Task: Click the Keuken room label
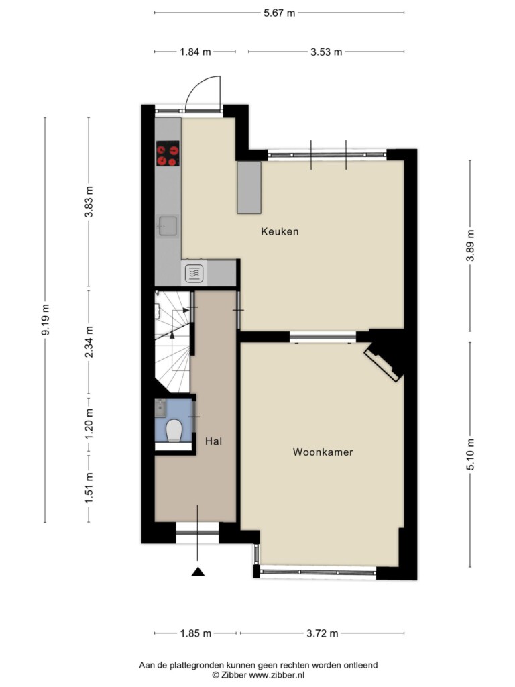click(280, 231)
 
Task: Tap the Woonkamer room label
click(323, 452)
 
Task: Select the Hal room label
click(214, 441)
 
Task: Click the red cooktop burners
click(168, 154)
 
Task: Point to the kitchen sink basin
click(168, 226)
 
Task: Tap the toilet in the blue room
click(174, 430)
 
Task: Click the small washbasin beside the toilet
click(160, 407)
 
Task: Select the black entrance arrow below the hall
click(198, 572)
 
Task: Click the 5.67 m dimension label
click(279, 13)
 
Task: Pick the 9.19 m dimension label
click(45, 319)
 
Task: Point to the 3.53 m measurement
click(327, 52)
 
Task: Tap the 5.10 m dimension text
click(470, 454)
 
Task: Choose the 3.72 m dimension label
click(323, 633)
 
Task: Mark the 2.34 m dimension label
click(89, 341)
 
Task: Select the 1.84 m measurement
click(195, 52)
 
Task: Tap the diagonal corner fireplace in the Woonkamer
click(384, 362)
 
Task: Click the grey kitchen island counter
click(249, 188)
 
